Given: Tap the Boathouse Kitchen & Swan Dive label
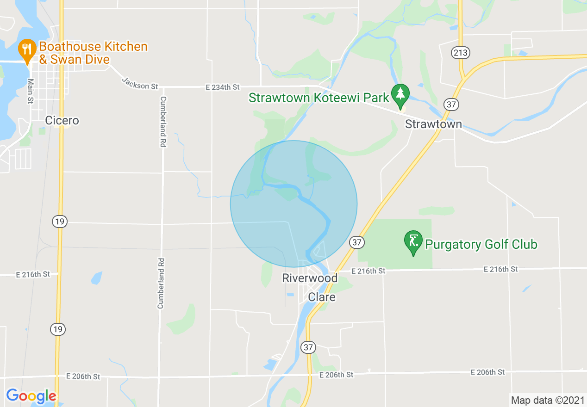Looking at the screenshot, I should click(x=93, y=53).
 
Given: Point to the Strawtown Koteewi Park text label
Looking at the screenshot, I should click(x=318, y=98).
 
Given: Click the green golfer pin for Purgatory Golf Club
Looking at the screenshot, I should click(x=413, y=241).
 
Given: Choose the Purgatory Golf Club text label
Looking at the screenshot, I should click(x=481, y=244).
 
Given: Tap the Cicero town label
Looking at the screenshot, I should click(x=62, y=121).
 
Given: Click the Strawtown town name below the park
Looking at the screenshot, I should click(x=433, y=124).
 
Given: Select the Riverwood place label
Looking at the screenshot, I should click(x=310, y=278).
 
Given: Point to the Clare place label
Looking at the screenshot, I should click(x=322, y=297).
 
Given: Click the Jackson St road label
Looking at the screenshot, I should click(x=140, y=83).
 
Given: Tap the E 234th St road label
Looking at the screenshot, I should click(x=223, y=87).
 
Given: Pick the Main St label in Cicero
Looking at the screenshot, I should click(x=31, y=91).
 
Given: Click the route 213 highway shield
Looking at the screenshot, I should click(x=461, y=53).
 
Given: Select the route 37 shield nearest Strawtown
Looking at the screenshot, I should click(x=451, y=104).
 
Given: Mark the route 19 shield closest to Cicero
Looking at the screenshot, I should click(x=59, y=222).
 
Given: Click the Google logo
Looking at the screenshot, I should click(x=31, y=396).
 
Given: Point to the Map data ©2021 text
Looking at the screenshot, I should click(x=547, y=400).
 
